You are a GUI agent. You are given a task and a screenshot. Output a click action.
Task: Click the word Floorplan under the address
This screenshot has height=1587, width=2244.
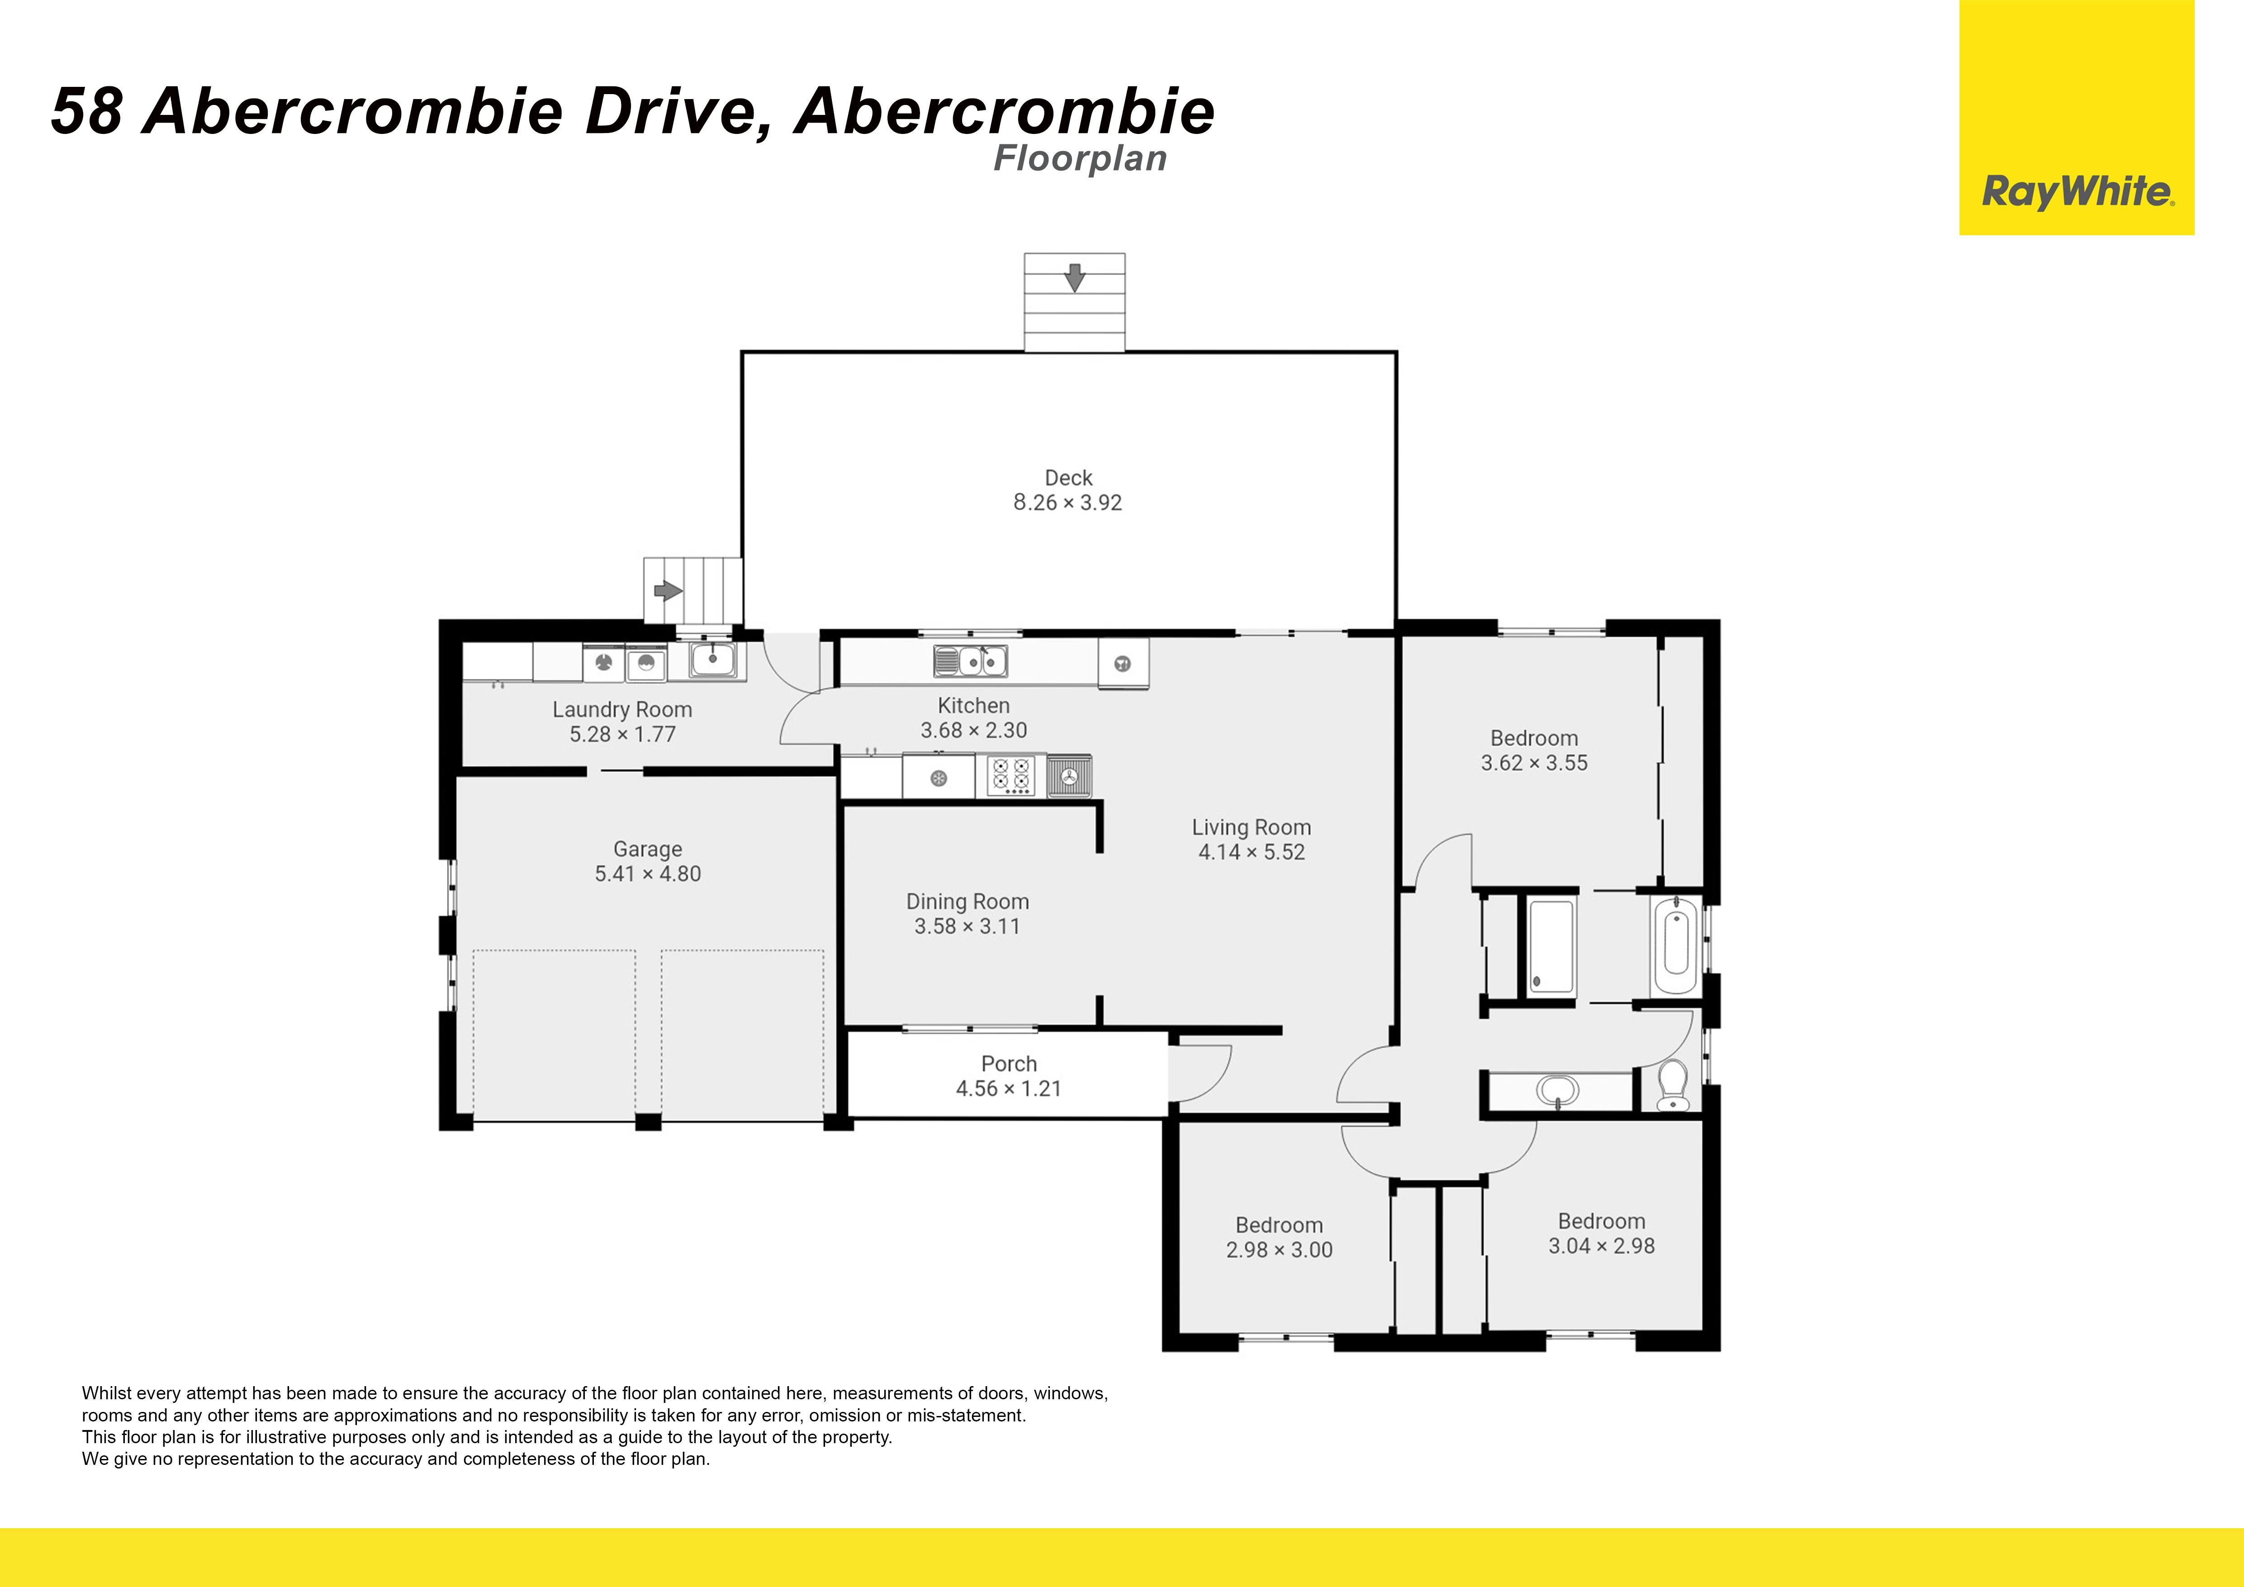(1080, 158)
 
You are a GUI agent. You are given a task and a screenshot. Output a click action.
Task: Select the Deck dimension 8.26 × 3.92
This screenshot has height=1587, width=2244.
(1067, 502)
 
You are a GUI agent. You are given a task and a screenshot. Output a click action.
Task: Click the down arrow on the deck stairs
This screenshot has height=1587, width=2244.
(1074, 277)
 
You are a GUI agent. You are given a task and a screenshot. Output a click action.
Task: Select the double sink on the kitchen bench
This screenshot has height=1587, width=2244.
(971, 661)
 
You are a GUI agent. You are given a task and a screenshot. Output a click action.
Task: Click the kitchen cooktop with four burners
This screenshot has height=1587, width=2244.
(1011, 776)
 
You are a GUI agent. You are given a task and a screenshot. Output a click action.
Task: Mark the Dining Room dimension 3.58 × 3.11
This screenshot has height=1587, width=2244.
(967, 927)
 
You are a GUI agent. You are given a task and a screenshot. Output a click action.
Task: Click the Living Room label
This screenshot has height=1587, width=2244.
(1251, 828)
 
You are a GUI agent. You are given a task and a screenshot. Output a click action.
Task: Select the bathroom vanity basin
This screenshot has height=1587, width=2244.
(1557, 1090)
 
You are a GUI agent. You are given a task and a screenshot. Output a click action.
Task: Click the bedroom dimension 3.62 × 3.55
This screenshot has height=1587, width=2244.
(1533, 763)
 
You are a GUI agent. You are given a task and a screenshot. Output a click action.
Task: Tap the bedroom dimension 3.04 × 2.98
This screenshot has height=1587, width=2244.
(1601, 1246)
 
